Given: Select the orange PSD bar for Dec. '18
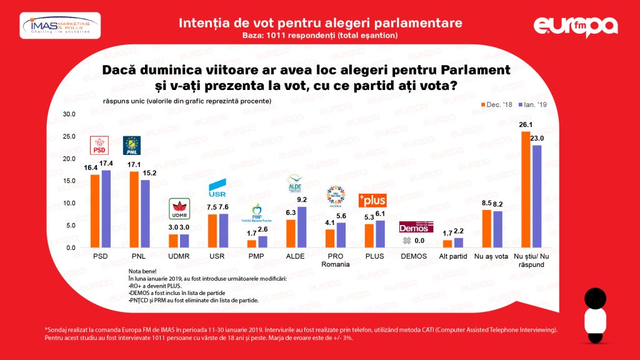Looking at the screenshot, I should [x=95, y=211].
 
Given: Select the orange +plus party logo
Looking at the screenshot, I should [x=372, y=201].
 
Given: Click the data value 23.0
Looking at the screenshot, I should [x=537, y=138].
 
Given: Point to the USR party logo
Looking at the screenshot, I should [x=216, y=186].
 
